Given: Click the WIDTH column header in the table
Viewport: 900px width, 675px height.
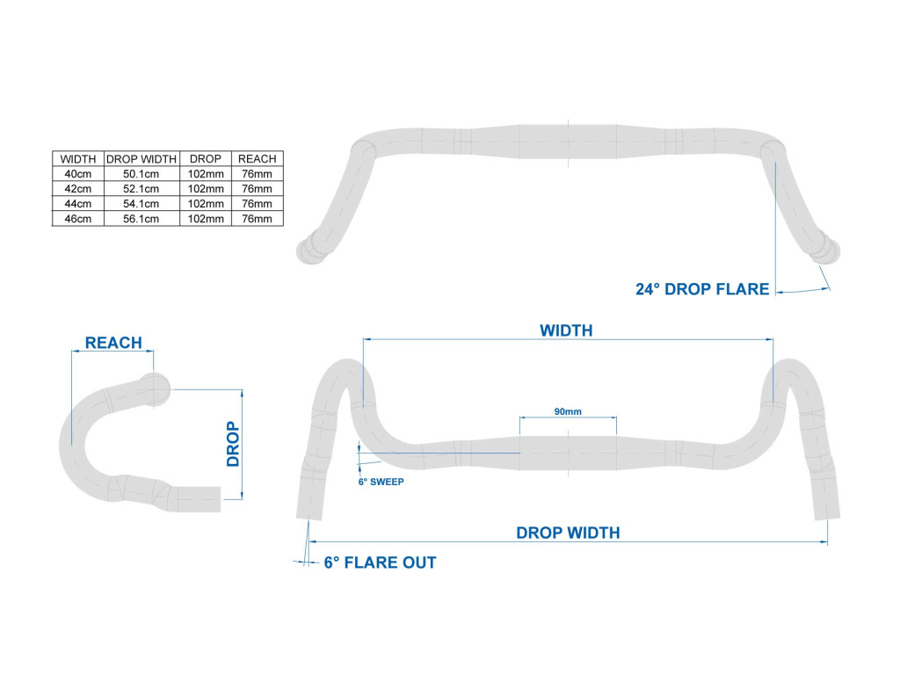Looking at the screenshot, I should tap(78, 159).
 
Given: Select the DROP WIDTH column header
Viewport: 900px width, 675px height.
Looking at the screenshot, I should tap(142, 159).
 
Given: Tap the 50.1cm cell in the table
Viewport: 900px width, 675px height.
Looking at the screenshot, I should tap(142, 174).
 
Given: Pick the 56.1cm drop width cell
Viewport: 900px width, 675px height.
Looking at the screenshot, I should tap(142, 219).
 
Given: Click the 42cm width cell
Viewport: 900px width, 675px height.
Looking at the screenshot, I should tap(78, 189).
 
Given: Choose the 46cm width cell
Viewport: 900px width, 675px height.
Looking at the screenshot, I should tap(78, 219).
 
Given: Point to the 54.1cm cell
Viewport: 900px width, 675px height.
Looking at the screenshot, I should tap(142, 204).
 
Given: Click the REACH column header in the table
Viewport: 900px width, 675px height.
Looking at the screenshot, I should tap(258, 159).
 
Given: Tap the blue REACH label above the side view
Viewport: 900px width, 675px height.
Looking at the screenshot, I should tap(113, 343).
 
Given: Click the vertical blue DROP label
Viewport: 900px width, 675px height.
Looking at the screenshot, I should tap(233, 444).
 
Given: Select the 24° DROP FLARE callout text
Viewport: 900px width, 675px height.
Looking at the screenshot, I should tap(702, 289).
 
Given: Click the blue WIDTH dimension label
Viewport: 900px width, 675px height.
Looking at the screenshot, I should tap(566, 330).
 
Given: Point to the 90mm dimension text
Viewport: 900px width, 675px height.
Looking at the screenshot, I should tap(568, 411).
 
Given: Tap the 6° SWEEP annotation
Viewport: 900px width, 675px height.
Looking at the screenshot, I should tap(381, 482).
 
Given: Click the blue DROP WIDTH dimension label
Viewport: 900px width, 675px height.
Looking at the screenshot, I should tap(568, 533).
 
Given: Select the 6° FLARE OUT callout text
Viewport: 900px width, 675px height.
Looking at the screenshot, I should tap(380, 562).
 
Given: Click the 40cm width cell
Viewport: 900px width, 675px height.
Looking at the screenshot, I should tap(78, 174).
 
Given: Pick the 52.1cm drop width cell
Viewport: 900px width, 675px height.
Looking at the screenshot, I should tap(142, 189).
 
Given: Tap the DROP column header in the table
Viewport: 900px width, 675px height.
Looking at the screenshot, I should tap(206, 159).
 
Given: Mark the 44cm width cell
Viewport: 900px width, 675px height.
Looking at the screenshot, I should tap(78, 204).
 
